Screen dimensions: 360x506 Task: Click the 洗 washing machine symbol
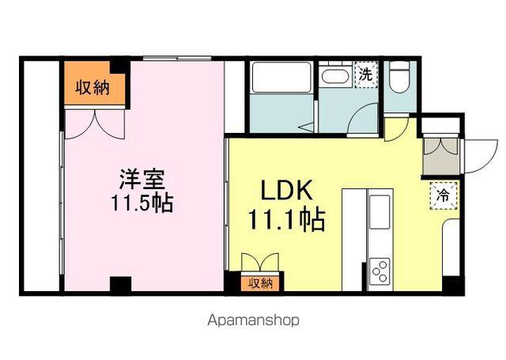tap(366, 75)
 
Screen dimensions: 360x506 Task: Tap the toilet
tap(400, 78)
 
